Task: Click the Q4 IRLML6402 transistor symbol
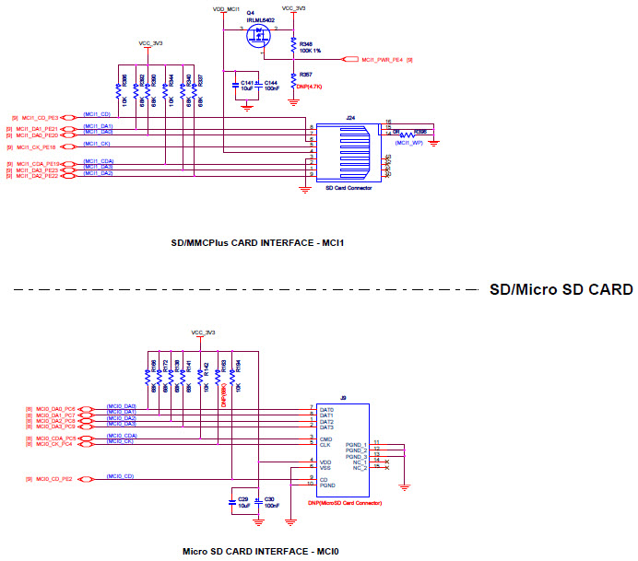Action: pyautogui.click(x=259, y=34)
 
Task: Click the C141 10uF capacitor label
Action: pyautogui.click(x=246, y=86)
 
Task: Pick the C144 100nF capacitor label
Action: pyautogui.click(x=271, y=86)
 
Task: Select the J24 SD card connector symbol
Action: pyautogui.click(x=348, y=152)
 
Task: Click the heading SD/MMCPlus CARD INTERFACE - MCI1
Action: pyautogui.click(x=263, y=244)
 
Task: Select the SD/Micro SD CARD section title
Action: pyautogui.click(x=561, y=290)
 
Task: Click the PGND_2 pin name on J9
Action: pyautogui.click(x=356, y=450)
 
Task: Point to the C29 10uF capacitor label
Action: pyautogui.click(x=243, y=502)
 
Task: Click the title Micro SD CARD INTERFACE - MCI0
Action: pyautogui.click(x=261, y=551)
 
